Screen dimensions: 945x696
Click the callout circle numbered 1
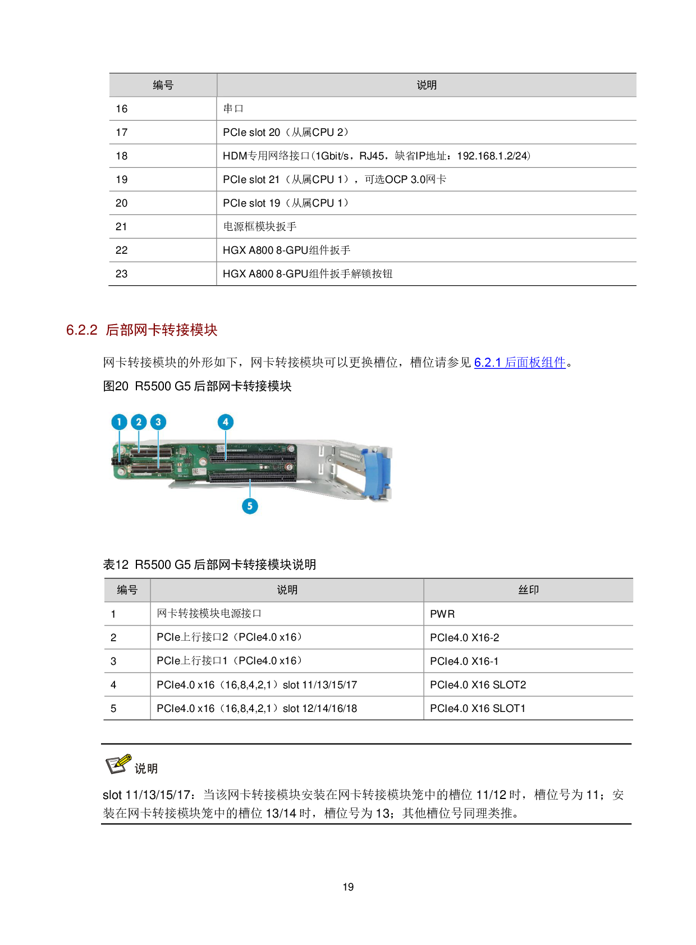click(x=119, y=422)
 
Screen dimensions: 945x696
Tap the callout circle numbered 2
click(x=139, y=422)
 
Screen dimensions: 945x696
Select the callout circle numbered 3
click(x=158, y=422)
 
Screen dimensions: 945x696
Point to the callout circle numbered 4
click(x=226, y=422)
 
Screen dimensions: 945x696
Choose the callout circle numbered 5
click(x=250, y=506)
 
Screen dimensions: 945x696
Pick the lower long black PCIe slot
click(x=253, y=477)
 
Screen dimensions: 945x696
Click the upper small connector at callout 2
click(x=150, y=451)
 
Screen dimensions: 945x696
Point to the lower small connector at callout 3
click(x=150, y=467)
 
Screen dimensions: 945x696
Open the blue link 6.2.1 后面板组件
click(x=520, y=363)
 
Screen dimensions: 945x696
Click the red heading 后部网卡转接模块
click(x=162, y=330)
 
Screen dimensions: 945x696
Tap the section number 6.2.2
click(x=82, y=330)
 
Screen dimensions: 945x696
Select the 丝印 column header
click(x=528, y=590)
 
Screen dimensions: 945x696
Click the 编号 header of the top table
click(x=163, y=85)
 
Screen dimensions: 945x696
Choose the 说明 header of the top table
click(x=427, y=85)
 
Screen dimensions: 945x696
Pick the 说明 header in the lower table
click(x=287, y=590)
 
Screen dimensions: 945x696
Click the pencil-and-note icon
click(x=118, y=764)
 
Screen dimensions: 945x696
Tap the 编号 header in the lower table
click(x=127, y=590)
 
